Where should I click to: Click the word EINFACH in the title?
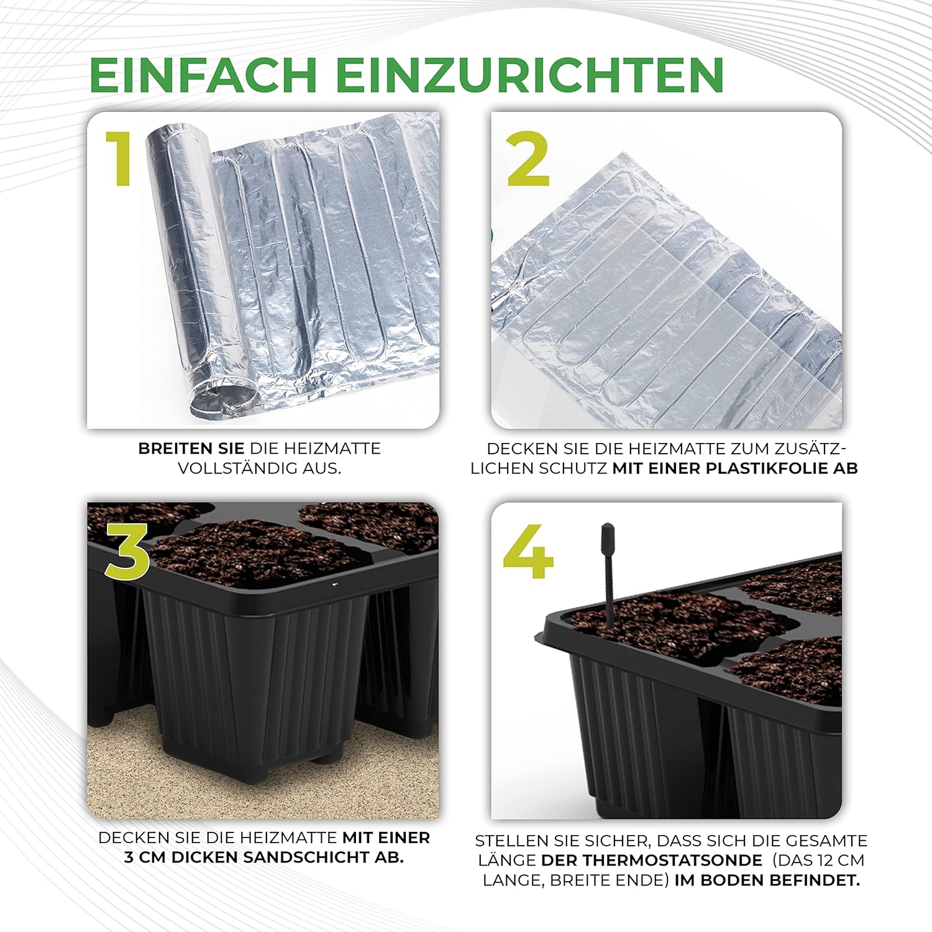click(203, 75)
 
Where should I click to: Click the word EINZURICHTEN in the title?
click(530, 75)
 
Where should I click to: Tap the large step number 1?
click(119, 159)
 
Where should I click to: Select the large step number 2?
click(528, 159)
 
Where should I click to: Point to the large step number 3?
click(127, 551)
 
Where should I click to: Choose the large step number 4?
click(528, 551)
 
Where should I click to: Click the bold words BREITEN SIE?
click(191, 448)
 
